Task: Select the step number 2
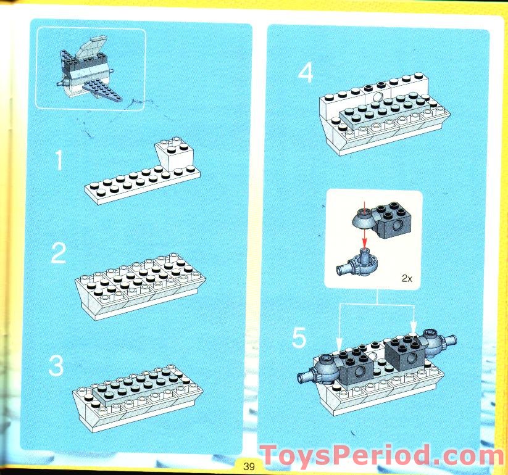click(x=58, y=254)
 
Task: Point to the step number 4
click(x=306, y=74)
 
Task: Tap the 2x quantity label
click(x=406, y=278)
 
